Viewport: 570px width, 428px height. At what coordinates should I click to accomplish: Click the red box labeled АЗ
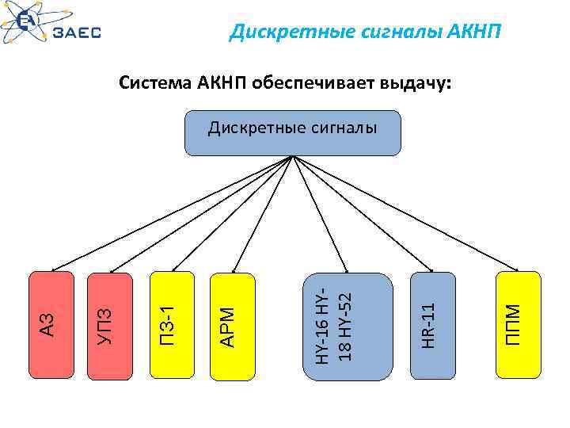pyautogui.click(x=51, y=325)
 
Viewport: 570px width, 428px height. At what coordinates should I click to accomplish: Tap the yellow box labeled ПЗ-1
pyautogui.click(x=172, y=325)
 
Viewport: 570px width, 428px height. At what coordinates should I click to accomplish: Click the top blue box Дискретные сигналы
pyautogui.click(x=293, y=132)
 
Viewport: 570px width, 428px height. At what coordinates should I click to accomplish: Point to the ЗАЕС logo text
pyautogui.click(x=77, y=33)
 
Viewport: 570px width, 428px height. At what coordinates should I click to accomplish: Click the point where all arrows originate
pyautogui.click(x=293, y=155)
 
